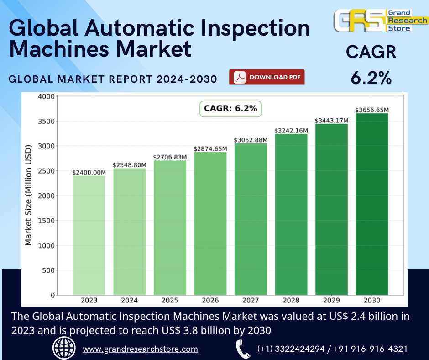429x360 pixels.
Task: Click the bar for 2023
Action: pos(89,235)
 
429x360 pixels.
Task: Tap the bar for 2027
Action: pos(251,219)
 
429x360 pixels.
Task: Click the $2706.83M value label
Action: pos(170,157)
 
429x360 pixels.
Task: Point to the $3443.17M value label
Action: pos(331,121)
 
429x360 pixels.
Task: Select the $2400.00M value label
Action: pos(89,172)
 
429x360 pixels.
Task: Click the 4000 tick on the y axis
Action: pos(47,96)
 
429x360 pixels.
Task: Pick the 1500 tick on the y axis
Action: pos(47,221)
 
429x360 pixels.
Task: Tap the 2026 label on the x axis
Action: pos(210,301)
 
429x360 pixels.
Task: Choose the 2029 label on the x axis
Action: pos(331,301)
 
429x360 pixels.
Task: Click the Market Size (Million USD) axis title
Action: pos(28,196)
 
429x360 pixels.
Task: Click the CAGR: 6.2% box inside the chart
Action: pos(230,109)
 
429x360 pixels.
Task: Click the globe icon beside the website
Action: pos(64,348)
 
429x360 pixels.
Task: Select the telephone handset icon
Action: pos(242,349)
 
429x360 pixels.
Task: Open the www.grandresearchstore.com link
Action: pos(140,349)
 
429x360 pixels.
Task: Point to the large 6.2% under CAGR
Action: pos(371,78)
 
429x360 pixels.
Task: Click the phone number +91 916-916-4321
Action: pos(370,349)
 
